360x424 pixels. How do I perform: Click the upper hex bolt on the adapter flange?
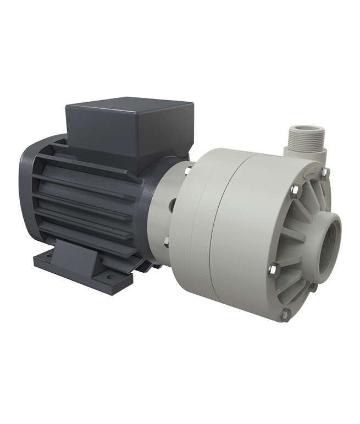[186, 174]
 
